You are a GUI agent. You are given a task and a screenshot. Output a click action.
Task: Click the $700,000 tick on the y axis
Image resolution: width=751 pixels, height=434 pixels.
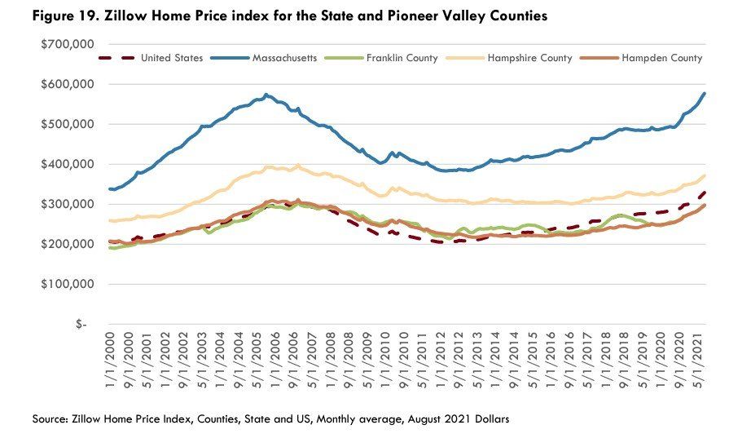[68, 45]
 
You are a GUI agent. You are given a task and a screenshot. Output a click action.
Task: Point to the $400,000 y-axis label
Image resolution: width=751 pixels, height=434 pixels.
[68, 165]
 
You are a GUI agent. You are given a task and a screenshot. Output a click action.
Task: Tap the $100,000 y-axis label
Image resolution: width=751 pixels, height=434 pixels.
[68, 285]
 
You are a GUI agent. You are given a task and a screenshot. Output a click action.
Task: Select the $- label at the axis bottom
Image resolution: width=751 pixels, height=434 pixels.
[81, 325]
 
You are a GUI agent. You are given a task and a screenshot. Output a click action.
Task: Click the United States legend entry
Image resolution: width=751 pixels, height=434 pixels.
[151, 58]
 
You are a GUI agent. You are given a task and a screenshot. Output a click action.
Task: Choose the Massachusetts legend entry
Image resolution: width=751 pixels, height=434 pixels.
[264, 58]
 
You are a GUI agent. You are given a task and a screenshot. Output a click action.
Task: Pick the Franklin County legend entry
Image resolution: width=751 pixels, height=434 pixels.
[381, 58]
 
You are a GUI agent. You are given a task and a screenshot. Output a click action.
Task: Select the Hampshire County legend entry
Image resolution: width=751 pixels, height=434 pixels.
[509, 58]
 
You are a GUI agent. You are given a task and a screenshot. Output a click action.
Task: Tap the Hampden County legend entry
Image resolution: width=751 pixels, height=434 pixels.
[641, 58]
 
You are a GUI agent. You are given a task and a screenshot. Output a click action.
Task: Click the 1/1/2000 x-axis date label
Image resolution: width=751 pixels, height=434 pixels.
[110, 360]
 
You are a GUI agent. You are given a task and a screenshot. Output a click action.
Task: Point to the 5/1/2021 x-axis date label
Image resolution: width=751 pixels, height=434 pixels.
[698, 360]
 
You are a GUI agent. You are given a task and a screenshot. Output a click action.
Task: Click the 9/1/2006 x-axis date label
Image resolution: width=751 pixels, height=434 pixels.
[293, 360]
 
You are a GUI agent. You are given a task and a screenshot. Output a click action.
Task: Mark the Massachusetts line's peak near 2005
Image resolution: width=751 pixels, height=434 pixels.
[266, 95]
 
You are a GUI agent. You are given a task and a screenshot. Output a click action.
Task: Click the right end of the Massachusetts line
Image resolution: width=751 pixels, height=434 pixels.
[705, 94]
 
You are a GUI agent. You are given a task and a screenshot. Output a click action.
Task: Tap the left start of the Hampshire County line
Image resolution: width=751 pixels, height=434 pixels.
[110, 220]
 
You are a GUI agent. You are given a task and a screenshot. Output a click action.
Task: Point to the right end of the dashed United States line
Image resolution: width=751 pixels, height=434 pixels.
[705, 193]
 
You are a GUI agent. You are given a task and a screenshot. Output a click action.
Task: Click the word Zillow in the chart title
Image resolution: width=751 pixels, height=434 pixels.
[126, 15]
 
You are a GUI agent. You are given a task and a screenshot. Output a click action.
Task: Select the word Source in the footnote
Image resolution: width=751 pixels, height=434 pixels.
[50, 419]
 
